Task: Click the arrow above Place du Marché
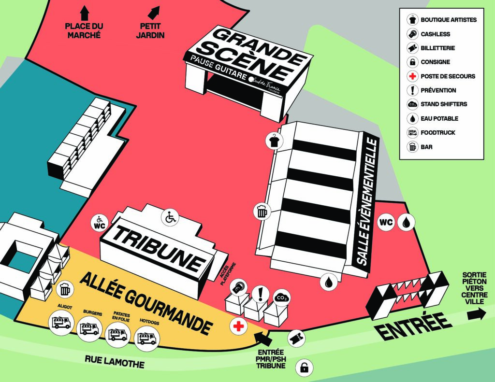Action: pyautogui.click(x=84, y=13)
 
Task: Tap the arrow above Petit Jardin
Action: pyautogui.click(x=154, y=13)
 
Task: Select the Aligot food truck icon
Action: pyautogui.click(x=61, y=323)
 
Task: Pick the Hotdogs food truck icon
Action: pyautogui.click(x=147, y=339)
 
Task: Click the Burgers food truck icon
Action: pyautogui.click(x=89, y=329)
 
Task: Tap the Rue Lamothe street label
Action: pyautogui.click(x=115, y=362)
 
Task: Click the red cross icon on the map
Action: pyautogui.click(x=239, y=326)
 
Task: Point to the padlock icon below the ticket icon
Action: pyautogui.click(x=304, y=368)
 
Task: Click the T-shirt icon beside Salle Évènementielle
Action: pyautogui.click(x=274, y=141)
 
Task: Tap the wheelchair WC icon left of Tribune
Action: pyautogui.click(x=100, y=223)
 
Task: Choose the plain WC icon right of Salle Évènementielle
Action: pyautogui.click(x=386, y=222)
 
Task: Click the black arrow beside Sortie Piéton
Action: pyautogui.click(x=477, y=314)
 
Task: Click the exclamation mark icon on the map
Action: pyautogui.click(x=261, y=294)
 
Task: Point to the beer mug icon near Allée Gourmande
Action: pyautogui.click(x=65, y=290)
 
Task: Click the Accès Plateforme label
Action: pyautogui.click(x=228, y=274)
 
